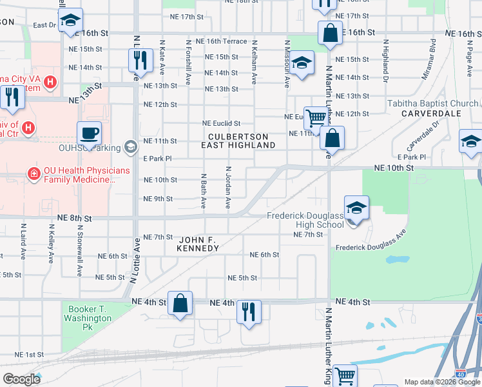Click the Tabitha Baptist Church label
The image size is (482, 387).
pos(432,103)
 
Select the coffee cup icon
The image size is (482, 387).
pos(89,133)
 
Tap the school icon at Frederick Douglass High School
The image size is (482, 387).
pos(356,208)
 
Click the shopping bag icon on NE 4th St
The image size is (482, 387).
pos(181,303)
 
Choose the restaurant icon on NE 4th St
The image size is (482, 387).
pos(247,312)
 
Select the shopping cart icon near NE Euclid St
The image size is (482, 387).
pos(316,118)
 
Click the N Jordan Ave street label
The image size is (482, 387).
pos(228,187)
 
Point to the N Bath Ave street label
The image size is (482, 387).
pos(203,191)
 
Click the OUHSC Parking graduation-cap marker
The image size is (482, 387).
pos(131,148)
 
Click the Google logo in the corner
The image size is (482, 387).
pos(21,379)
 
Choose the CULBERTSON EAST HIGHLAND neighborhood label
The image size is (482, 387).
pos(242,141)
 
